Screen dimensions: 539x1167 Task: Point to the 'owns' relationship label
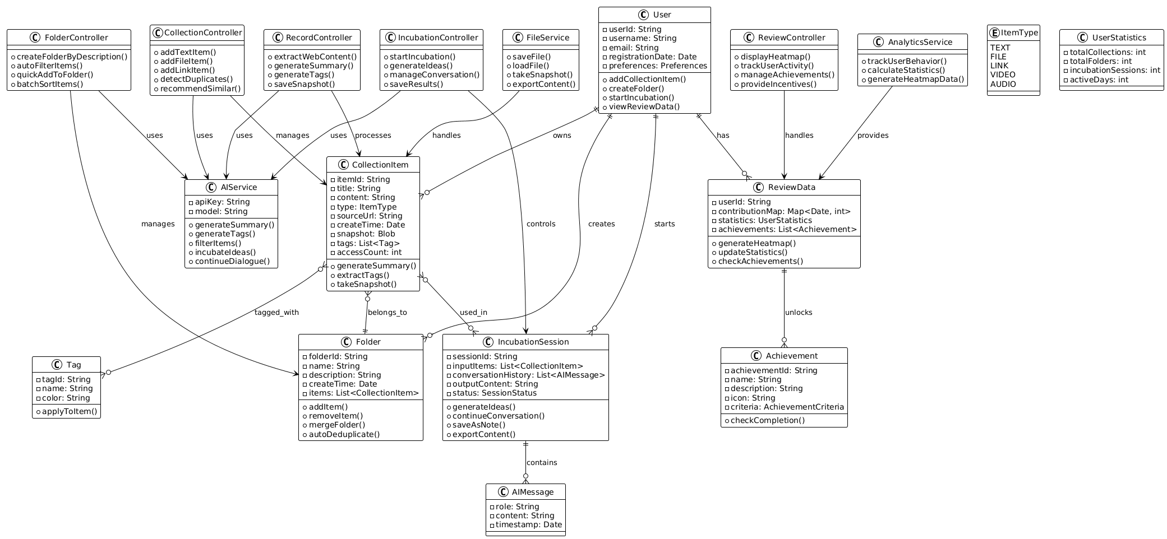coord(561,136)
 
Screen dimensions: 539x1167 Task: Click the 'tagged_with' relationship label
coord(276,313)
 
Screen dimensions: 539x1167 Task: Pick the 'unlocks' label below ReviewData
coord(799,313)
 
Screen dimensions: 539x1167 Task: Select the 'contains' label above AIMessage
coord(542,463)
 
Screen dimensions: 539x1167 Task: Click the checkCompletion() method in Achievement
coord(769,421)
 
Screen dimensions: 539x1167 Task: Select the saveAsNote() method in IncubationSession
coord(478,425)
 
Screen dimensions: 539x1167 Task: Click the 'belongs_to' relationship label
coord(388,313)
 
